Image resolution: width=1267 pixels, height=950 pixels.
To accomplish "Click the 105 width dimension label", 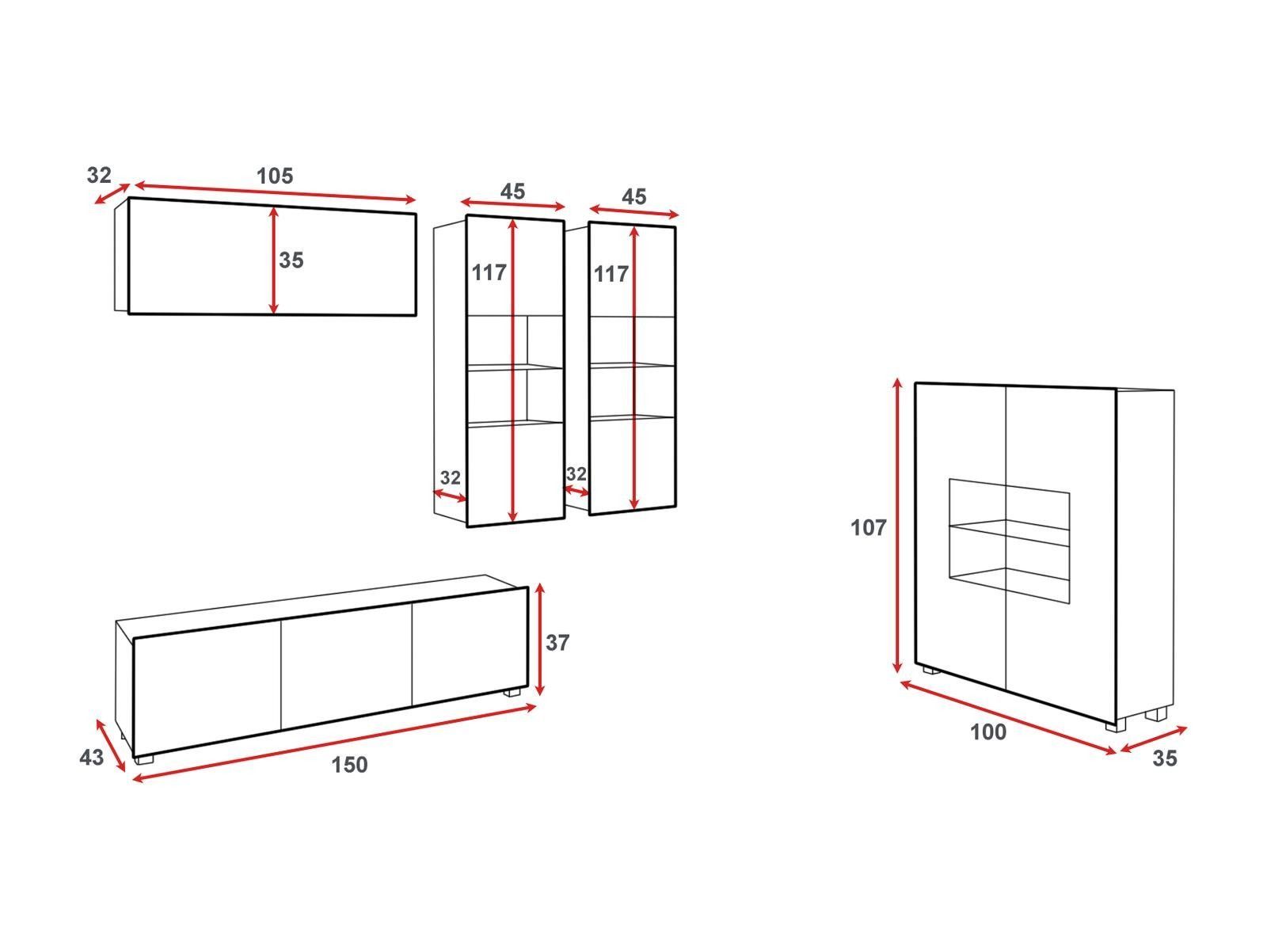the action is [275, 176].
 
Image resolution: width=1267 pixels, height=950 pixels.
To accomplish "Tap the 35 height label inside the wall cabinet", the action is [291, 260].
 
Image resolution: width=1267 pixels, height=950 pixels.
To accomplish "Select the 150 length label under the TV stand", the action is [349, 765].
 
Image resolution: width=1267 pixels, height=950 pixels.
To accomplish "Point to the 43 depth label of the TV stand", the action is [91, 758].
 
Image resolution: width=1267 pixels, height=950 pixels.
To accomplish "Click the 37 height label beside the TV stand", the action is [557, 643].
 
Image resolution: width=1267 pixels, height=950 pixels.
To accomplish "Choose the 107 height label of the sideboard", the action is [868, 528].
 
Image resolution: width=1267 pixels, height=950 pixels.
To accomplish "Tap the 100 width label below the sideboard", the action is [988, 732].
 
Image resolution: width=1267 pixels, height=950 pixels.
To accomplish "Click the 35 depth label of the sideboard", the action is [1164, 758].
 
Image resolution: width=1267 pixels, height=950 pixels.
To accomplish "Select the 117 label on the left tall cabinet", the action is [489, 273].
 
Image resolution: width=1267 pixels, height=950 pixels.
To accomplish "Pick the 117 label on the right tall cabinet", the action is [611, 274].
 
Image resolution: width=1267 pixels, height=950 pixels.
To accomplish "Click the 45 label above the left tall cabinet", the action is [512, 192].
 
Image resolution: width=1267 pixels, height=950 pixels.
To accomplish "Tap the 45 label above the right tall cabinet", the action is [633, 197].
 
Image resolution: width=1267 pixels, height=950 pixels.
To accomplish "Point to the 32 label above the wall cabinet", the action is [99, 175].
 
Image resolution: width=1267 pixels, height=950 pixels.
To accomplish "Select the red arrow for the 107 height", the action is [897, 526].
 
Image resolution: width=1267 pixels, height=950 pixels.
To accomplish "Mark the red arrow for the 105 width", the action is [275, 192].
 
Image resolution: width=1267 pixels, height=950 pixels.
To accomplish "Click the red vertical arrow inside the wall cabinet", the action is [274, 260].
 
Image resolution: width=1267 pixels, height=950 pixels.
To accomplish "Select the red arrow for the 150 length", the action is [335, 743].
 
